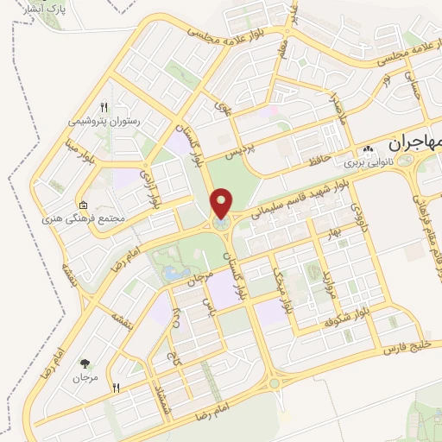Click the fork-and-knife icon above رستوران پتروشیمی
click(x=104, y=106)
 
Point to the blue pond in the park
click(x=172, y=274)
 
